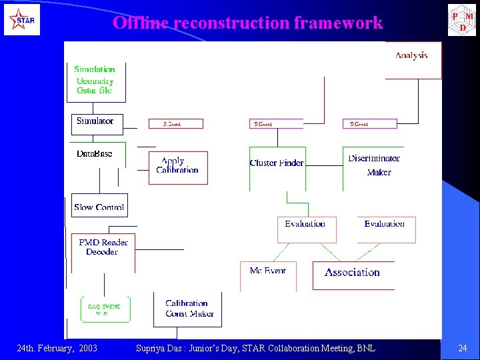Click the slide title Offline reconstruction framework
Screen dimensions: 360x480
click(247, 23)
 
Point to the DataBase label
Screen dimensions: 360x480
click(94, 154)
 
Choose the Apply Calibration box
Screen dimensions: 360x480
click(177, 167)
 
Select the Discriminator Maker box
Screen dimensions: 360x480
click(374, 165)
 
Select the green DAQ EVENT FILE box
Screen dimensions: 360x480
click(105, 309)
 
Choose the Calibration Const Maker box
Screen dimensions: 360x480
click(187, 309)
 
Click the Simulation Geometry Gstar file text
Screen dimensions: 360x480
click(95, 80)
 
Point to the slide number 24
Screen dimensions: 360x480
click(463, 348)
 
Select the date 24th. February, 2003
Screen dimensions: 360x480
click(57, 348)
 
